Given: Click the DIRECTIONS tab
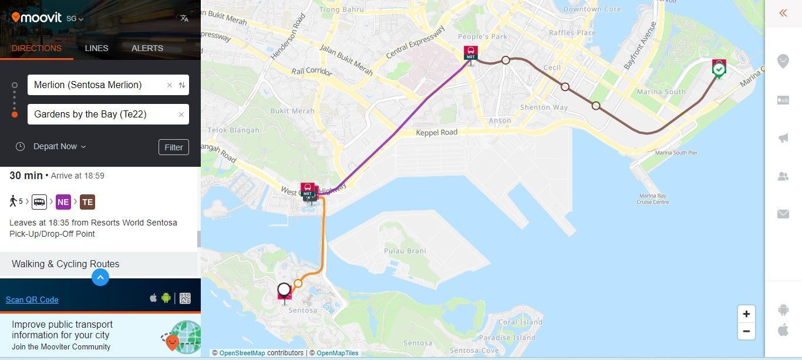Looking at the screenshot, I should [36, 48].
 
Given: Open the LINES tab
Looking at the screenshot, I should [96, 48].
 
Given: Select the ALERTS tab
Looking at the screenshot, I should [147, 48].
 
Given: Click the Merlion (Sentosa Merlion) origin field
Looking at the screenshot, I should [97, 85].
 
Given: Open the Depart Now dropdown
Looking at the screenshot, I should [59, 146].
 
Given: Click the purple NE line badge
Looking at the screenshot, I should [63, 203].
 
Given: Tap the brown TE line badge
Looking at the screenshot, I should [87, 203].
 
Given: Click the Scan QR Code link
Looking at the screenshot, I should [32, 300].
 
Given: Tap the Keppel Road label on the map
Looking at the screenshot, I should [436, 133].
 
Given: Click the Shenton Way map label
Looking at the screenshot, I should [544, 107].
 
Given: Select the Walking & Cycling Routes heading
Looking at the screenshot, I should [66, 264].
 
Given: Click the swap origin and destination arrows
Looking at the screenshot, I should [182, 85].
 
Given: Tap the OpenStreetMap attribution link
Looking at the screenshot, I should [242, 353].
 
